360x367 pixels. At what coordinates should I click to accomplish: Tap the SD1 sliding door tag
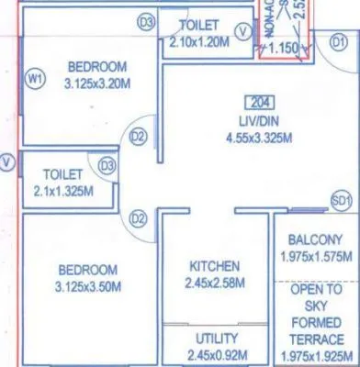(341, 201)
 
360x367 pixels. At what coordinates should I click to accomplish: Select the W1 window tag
(36, 81)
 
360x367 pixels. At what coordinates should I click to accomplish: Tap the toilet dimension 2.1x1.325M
(63, 189)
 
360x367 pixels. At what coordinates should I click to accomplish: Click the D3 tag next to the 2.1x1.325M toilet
(107, 166)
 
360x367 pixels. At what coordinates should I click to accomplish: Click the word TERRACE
(316, 335)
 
